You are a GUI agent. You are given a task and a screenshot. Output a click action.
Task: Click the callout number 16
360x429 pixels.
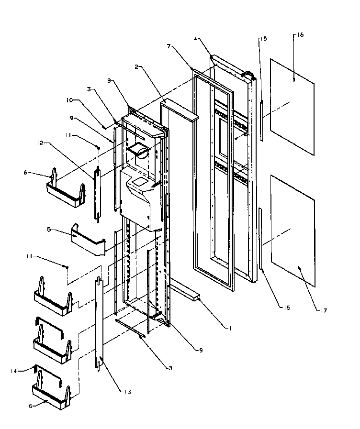point(300,35)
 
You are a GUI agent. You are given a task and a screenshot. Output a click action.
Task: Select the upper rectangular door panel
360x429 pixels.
point(292,106)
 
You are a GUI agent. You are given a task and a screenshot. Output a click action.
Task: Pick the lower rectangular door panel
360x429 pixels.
point(292,231)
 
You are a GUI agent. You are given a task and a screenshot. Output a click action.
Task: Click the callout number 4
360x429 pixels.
point(196,39)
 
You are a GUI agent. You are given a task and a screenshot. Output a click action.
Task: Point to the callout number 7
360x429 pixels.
point(169,46)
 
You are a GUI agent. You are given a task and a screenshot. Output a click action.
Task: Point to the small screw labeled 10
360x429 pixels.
point(104,126)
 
